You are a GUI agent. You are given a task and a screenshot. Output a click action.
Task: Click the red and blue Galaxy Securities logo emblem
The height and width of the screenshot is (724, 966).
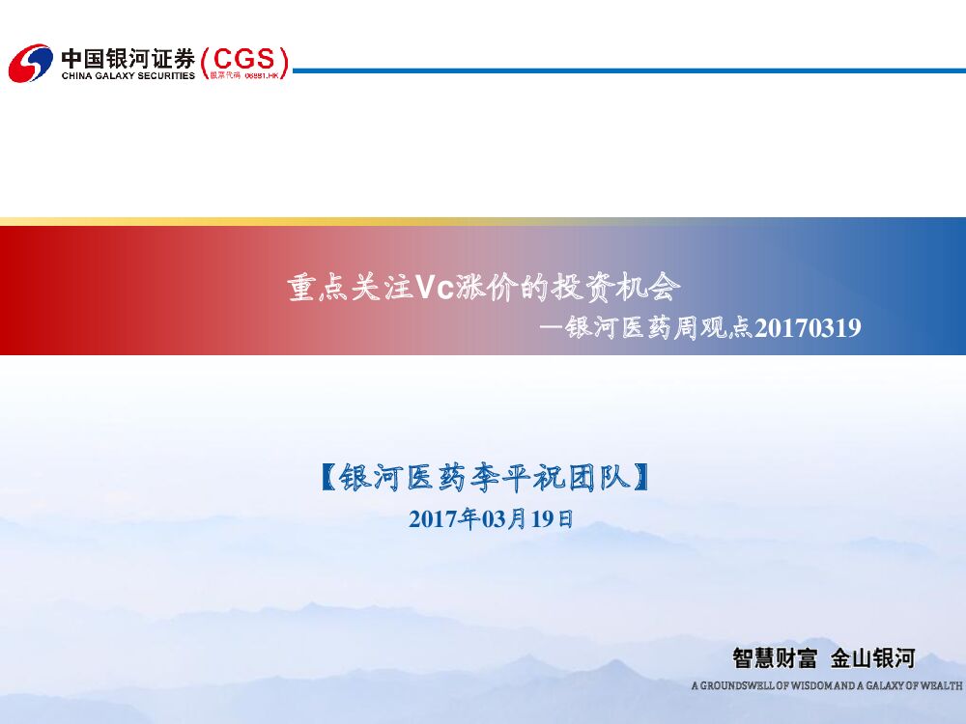[x=30, y=63]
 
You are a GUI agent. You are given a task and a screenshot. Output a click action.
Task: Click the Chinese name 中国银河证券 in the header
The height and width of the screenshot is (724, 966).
[x=128, y=57]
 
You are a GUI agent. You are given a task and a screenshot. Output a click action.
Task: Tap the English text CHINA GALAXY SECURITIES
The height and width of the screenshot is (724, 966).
[x=128, y=75]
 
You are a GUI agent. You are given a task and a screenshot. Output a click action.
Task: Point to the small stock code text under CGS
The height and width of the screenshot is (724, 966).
[x=248, y=75]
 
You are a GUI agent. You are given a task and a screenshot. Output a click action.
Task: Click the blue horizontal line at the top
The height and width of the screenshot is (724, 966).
[x=628, y=70]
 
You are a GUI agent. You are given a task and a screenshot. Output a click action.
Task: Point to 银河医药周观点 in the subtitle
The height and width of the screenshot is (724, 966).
[x=659, y=328]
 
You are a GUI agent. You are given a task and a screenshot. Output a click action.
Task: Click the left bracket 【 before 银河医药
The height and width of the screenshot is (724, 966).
[x=328, y=477]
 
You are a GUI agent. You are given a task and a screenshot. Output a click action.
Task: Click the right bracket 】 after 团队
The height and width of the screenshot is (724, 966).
[x=638, y=477]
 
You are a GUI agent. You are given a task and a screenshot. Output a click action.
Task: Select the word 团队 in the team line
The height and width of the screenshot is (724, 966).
[x=604, y=477]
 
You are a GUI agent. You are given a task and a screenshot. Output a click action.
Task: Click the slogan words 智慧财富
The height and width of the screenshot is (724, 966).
[x=775, y=659]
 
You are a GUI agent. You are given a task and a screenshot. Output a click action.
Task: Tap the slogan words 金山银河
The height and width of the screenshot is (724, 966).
[x=872, y=659]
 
